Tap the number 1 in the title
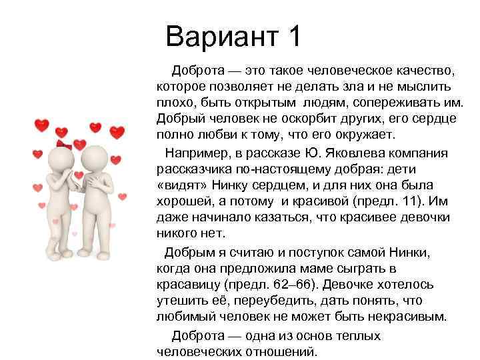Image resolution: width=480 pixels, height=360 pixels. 292,37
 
